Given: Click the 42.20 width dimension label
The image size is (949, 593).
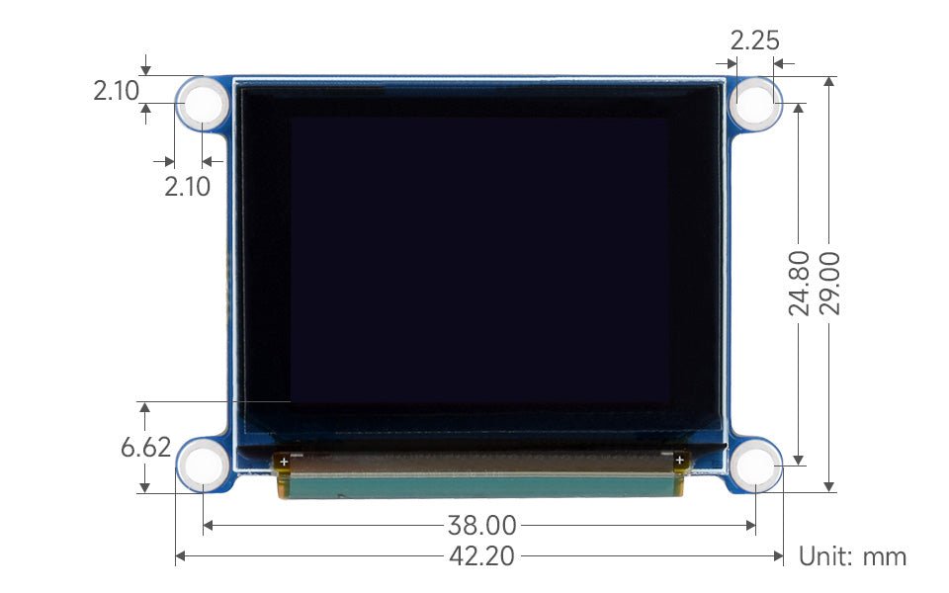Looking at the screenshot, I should [x=481, y=556].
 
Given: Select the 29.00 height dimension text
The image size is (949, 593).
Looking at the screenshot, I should [x=829, y=283].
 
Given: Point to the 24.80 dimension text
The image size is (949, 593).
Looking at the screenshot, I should [x=800, y=283].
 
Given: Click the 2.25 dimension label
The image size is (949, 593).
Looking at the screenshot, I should [x=754, y=41].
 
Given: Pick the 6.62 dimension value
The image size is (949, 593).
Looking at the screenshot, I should [x=145, y=447].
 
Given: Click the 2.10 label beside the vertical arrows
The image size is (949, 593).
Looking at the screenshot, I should [x=117, y=91].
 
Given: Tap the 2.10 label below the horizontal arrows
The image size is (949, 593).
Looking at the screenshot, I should [x=187, y=186].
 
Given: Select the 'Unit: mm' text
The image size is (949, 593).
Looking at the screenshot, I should [x=852, y=556].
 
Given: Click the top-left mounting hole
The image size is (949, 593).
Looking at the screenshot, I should [x=203, y=102].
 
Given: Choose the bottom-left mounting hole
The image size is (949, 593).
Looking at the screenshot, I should [x=203, y=464].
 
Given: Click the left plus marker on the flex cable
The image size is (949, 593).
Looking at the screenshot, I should [x=284, y=461].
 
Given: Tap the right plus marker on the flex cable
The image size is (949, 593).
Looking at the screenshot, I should [x=679, y=461].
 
